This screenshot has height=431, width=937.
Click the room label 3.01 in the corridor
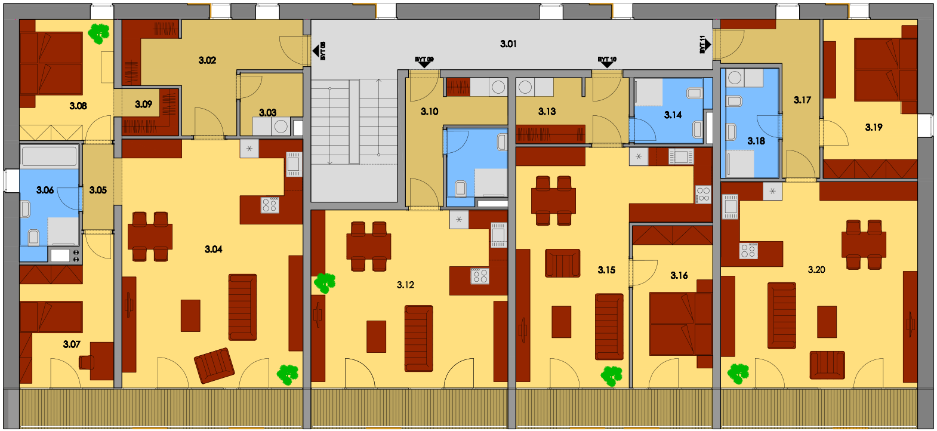point(508,44)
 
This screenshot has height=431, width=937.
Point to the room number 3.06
point(45,190)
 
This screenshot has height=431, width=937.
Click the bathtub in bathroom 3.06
point(50,156)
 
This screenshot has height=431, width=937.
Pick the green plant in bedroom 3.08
point(98,33)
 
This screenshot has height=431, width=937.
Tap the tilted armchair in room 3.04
point(214,366)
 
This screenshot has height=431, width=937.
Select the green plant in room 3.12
point(325,284)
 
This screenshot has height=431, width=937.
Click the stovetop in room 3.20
point(749,251)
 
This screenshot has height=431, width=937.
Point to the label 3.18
point(756,141)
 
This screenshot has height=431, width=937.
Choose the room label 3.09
point(143,104)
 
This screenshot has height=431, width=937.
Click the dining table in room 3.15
point(553,201)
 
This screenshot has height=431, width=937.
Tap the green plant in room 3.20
point(738,374)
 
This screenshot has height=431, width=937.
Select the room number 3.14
point(673,115)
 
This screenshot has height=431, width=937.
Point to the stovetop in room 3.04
point(270,205)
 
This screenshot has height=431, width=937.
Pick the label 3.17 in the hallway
point(802,100)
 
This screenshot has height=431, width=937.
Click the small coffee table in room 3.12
point(376,337)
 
